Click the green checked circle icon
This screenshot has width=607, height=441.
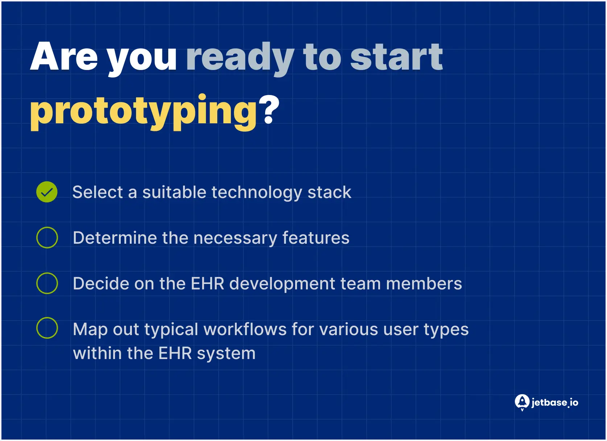click(47, 192)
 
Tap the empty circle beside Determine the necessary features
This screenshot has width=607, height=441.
click(47, 238)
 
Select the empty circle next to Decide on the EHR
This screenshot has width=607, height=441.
click(47, 283)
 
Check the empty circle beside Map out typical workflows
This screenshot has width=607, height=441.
click(47, 328)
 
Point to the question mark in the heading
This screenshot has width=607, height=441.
click(269, 110)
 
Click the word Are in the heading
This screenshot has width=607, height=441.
click(64, 57)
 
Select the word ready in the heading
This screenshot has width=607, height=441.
click(240, 58)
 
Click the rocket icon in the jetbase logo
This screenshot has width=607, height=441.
click(522, 402)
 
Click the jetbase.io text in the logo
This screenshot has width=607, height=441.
click(554, 403)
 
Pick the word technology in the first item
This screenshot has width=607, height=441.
click(257, 193)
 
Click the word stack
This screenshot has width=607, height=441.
click(329, 192)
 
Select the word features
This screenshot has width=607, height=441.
click(315, 238)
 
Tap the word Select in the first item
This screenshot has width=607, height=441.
click(98, 192)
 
